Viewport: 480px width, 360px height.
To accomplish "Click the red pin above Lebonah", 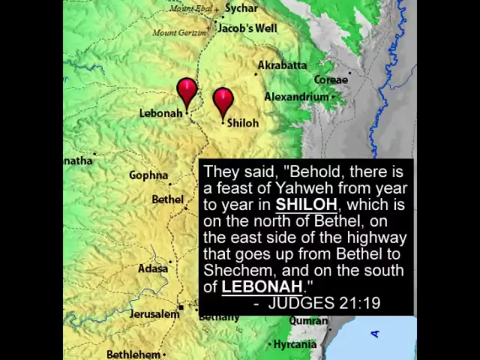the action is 187,92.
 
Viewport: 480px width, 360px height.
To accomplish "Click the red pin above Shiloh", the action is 223,101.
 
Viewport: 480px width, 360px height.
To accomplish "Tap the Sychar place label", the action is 241,8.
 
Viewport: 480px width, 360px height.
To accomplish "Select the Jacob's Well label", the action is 247,28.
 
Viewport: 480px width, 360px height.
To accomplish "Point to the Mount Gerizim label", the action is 178,32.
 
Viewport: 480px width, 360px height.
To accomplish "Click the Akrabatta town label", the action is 282,65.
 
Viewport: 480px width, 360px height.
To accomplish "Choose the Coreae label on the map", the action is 331,79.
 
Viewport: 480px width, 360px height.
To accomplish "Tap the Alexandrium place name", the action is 296,97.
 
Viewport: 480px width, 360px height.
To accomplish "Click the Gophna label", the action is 148,175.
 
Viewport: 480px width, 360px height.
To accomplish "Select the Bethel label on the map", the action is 167,199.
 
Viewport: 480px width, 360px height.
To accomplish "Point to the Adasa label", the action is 153,268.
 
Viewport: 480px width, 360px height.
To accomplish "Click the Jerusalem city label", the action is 154,314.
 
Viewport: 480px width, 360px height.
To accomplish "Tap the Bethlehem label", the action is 133,354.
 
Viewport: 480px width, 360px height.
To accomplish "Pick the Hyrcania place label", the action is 295,344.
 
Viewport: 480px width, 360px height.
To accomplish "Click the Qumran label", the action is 309,320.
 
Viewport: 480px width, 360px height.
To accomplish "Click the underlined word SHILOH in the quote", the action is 306,205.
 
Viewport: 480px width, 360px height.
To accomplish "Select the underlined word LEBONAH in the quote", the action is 262,286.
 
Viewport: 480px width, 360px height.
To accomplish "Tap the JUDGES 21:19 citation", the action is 324,303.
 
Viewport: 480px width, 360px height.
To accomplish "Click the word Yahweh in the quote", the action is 304,188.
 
